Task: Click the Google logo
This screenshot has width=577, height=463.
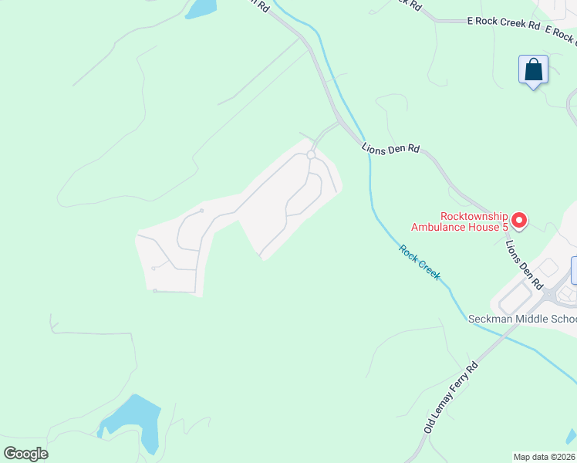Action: [x=25, y=453]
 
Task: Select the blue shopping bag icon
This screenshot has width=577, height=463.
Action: [x=533, y=70]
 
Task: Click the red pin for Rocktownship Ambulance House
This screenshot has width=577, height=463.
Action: [x=518, y=221]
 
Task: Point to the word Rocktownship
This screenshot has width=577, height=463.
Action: [x=474, y=217]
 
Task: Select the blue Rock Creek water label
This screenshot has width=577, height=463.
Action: [x=420, y=262]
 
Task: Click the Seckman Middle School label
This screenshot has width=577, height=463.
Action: [x=522, y=319]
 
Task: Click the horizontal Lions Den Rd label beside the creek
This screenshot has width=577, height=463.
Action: [x=390, y=148]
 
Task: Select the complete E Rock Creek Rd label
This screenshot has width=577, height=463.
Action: [x=504, y=24]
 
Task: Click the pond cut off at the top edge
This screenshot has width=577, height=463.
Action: [x=201, y=8]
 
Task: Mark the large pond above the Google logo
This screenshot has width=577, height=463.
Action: [x=133, y=423]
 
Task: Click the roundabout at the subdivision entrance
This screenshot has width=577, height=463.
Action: [x=311, y=156]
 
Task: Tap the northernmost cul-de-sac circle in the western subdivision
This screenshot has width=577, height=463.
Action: [x=201, y=211]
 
